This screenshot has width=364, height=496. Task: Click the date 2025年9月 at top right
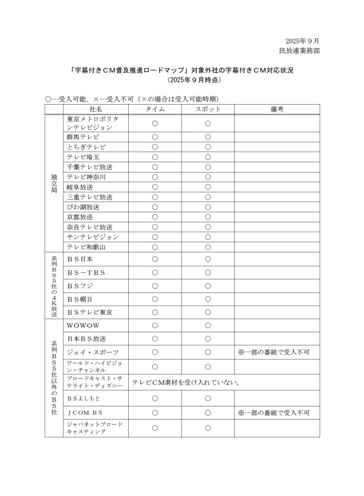click(302, 41)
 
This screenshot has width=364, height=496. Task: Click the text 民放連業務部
click(299, 50)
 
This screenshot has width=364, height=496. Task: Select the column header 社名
click(96, 109)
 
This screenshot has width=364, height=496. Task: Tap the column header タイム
click(155, 109)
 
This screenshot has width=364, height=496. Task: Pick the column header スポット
click(208, 109)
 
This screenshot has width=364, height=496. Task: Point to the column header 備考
click(277, 109)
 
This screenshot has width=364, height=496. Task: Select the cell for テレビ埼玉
click(83, 157)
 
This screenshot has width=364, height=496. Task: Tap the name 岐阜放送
click(80, 187)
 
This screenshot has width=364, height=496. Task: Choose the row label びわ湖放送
click(83, 207)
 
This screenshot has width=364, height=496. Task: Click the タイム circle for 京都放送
click(155, 217)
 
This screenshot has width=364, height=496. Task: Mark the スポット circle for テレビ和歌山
click(208, 247)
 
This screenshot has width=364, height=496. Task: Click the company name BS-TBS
click(87, 272)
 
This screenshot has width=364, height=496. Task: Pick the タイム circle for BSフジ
click(155, 286)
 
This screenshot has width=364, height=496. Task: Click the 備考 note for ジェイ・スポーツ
click(273, 352)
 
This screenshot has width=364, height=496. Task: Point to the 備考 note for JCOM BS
click(273, 413)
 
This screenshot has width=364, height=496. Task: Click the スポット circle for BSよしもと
click(208, 398)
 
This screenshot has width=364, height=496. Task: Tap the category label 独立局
click(54, 184)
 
